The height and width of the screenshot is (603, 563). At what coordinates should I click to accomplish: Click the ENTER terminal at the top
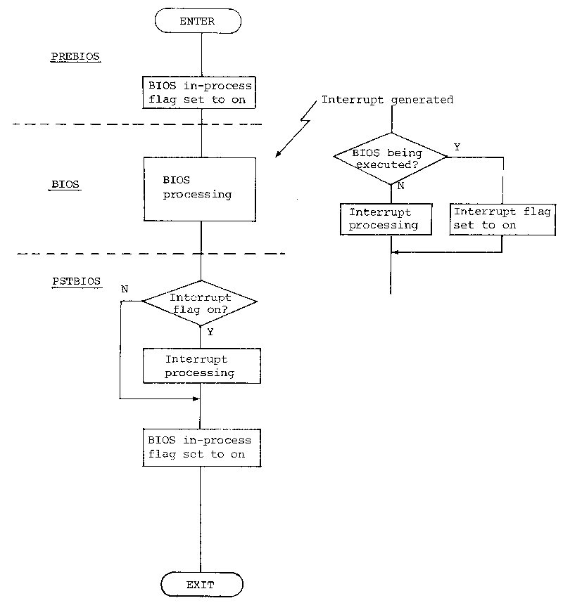coord(198,21)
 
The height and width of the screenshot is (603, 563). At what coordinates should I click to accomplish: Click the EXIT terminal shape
coord(201,584)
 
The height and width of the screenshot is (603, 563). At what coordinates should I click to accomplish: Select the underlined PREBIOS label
coord(75,56)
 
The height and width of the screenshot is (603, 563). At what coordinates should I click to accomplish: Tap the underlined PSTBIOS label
coord(77,281)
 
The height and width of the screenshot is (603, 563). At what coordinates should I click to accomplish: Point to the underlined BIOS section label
coord(66,185)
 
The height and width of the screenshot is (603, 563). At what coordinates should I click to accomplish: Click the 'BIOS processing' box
coord(200,189)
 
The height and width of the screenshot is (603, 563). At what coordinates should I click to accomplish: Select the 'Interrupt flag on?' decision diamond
coord(200,302)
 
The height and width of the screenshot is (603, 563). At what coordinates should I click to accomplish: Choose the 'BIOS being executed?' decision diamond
coord(390,158)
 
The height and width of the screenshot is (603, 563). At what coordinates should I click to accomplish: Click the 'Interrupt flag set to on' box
coord(502,219)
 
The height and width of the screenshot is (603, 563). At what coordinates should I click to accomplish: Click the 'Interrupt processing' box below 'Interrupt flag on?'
coord(201,366)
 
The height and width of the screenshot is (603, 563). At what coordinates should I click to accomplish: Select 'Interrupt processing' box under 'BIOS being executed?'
coord(385,219)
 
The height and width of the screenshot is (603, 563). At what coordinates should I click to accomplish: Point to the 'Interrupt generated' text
coord(387,100)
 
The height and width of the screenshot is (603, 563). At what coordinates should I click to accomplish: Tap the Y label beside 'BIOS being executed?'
coord(457,147)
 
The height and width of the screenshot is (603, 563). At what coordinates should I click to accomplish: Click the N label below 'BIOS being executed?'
coord(400,187)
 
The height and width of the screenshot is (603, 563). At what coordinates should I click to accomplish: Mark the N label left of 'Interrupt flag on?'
coord(125,289)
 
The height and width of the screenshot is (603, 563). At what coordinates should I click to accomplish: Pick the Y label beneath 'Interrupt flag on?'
coord(210,332)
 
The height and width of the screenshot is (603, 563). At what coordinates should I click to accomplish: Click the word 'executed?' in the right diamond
coord(391,165)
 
